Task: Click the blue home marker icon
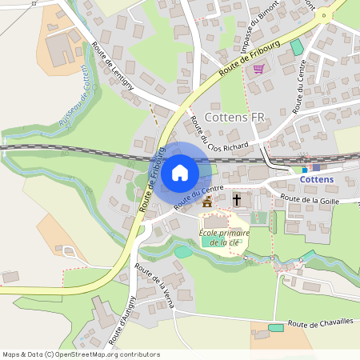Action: [180, 172]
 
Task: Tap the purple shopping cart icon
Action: [258, 69]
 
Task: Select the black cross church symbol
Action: [237, 198]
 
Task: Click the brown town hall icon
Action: [208, 202]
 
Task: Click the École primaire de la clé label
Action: [224, 237]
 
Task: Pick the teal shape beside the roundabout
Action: [297, 46]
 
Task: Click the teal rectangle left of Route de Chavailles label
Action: [276, 327]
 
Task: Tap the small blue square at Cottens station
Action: [316, 167]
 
